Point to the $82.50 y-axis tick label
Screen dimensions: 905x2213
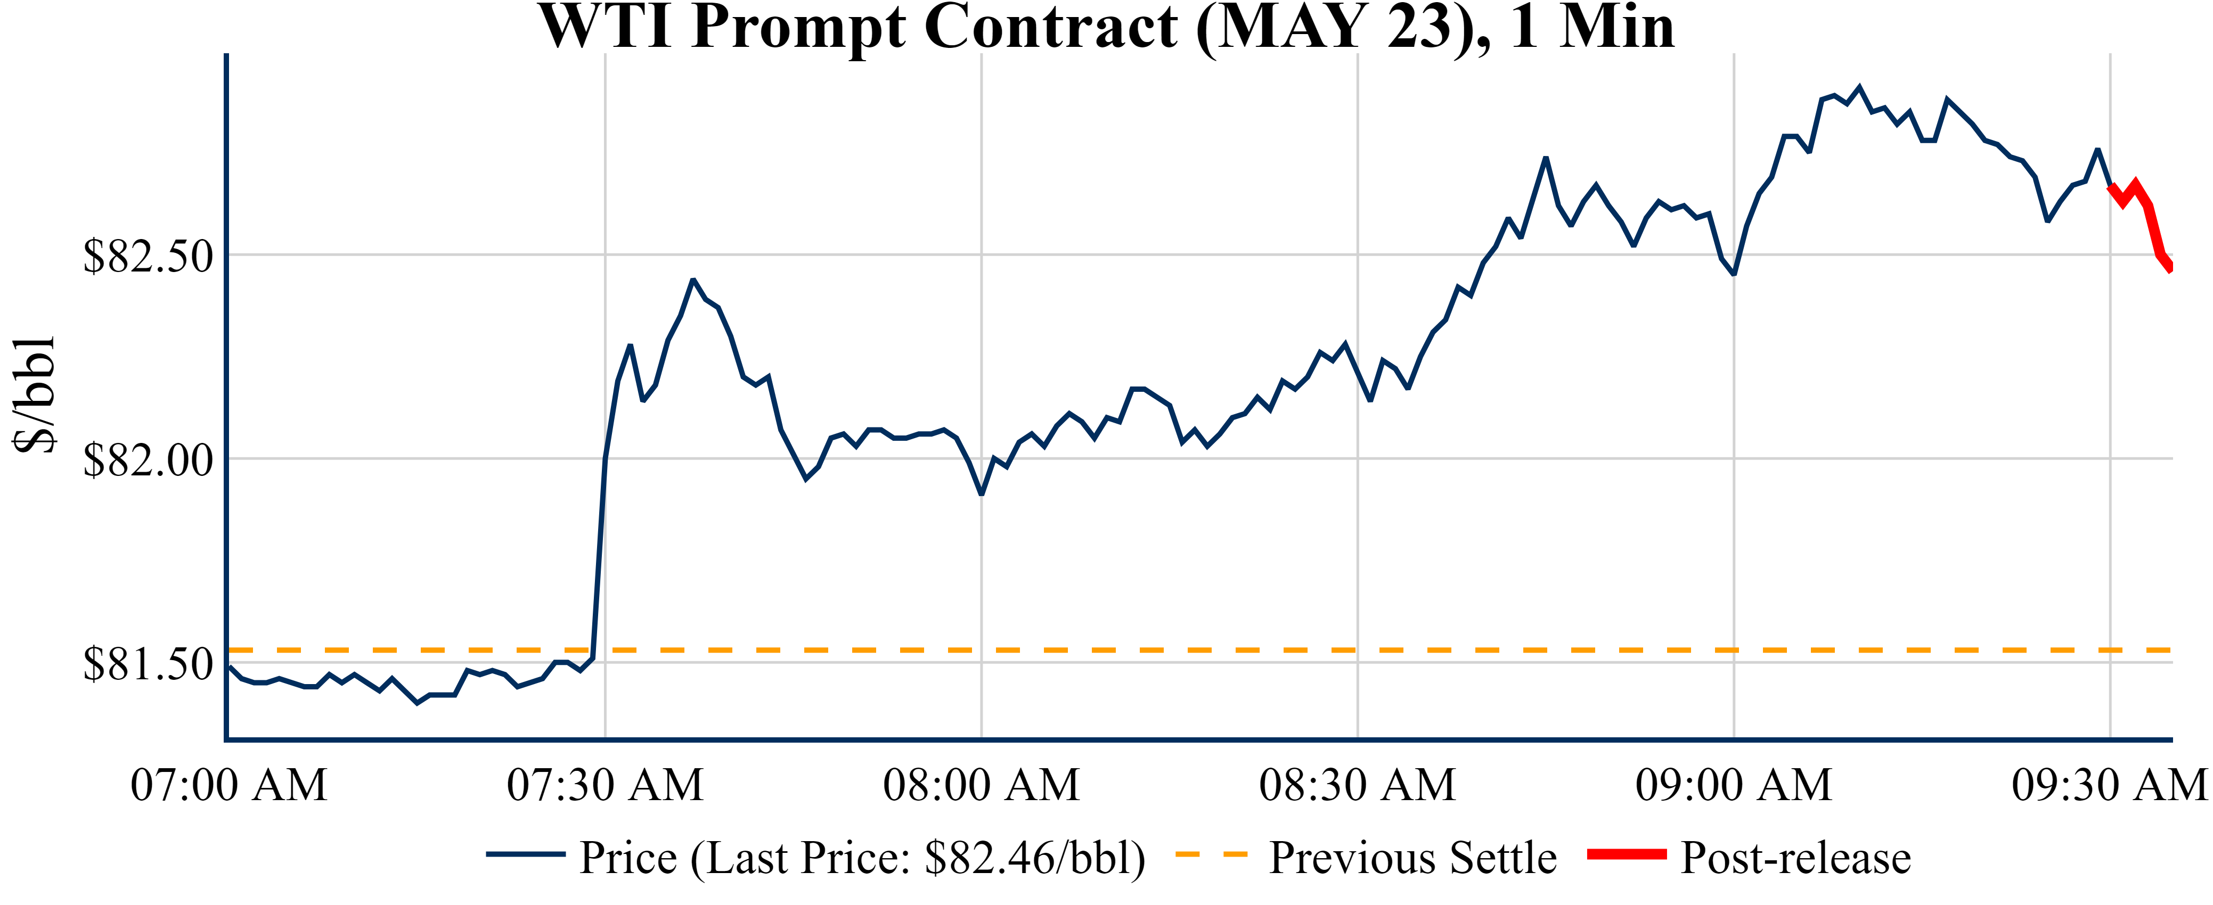coord(148,256)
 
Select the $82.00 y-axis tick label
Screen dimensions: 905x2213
coord(148,460)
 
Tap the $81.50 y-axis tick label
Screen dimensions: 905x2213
coord(148,664)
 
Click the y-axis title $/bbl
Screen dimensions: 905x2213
coord(35,395)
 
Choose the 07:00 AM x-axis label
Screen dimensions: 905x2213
coord(228,785)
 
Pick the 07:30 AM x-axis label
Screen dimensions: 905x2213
coord(605,785)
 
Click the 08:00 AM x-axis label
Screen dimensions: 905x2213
coord(981,785)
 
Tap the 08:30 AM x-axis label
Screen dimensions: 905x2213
coord(1357,785)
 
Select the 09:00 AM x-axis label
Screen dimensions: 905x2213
coord(1734,785)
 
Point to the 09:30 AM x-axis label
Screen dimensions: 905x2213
coord(2109,785)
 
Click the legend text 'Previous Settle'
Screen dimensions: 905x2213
coord(1412,858)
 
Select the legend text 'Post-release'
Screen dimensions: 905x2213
coord(1795,858)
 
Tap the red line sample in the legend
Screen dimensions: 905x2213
coord(1626,854)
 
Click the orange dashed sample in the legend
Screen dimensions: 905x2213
coord(1211,854)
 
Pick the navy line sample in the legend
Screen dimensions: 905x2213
coord(525,854)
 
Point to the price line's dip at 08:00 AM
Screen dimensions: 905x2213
coord(981,493)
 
